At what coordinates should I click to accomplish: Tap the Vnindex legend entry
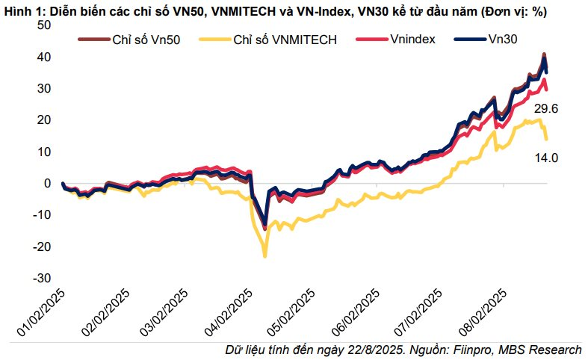412,39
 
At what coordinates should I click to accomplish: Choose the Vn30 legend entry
506,39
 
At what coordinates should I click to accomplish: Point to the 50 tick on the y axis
43,25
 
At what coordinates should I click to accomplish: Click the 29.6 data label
546,109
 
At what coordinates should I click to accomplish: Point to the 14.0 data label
546,158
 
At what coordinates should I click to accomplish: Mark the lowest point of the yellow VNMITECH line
265,256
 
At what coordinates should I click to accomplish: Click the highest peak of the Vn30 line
544,56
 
